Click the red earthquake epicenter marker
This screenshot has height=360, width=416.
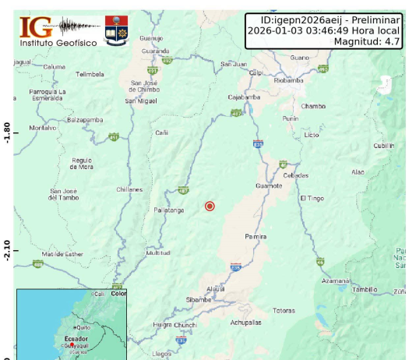(210, 206)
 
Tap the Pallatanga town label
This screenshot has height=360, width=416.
(167, 210)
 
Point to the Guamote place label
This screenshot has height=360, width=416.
(270, 185)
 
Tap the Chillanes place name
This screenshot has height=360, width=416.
(129, 189)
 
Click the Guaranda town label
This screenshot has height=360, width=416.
(155, 51)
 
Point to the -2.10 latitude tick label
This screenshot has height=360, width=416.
(7, 250)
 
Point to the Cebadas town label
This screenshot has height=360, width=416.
(295, 175)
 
